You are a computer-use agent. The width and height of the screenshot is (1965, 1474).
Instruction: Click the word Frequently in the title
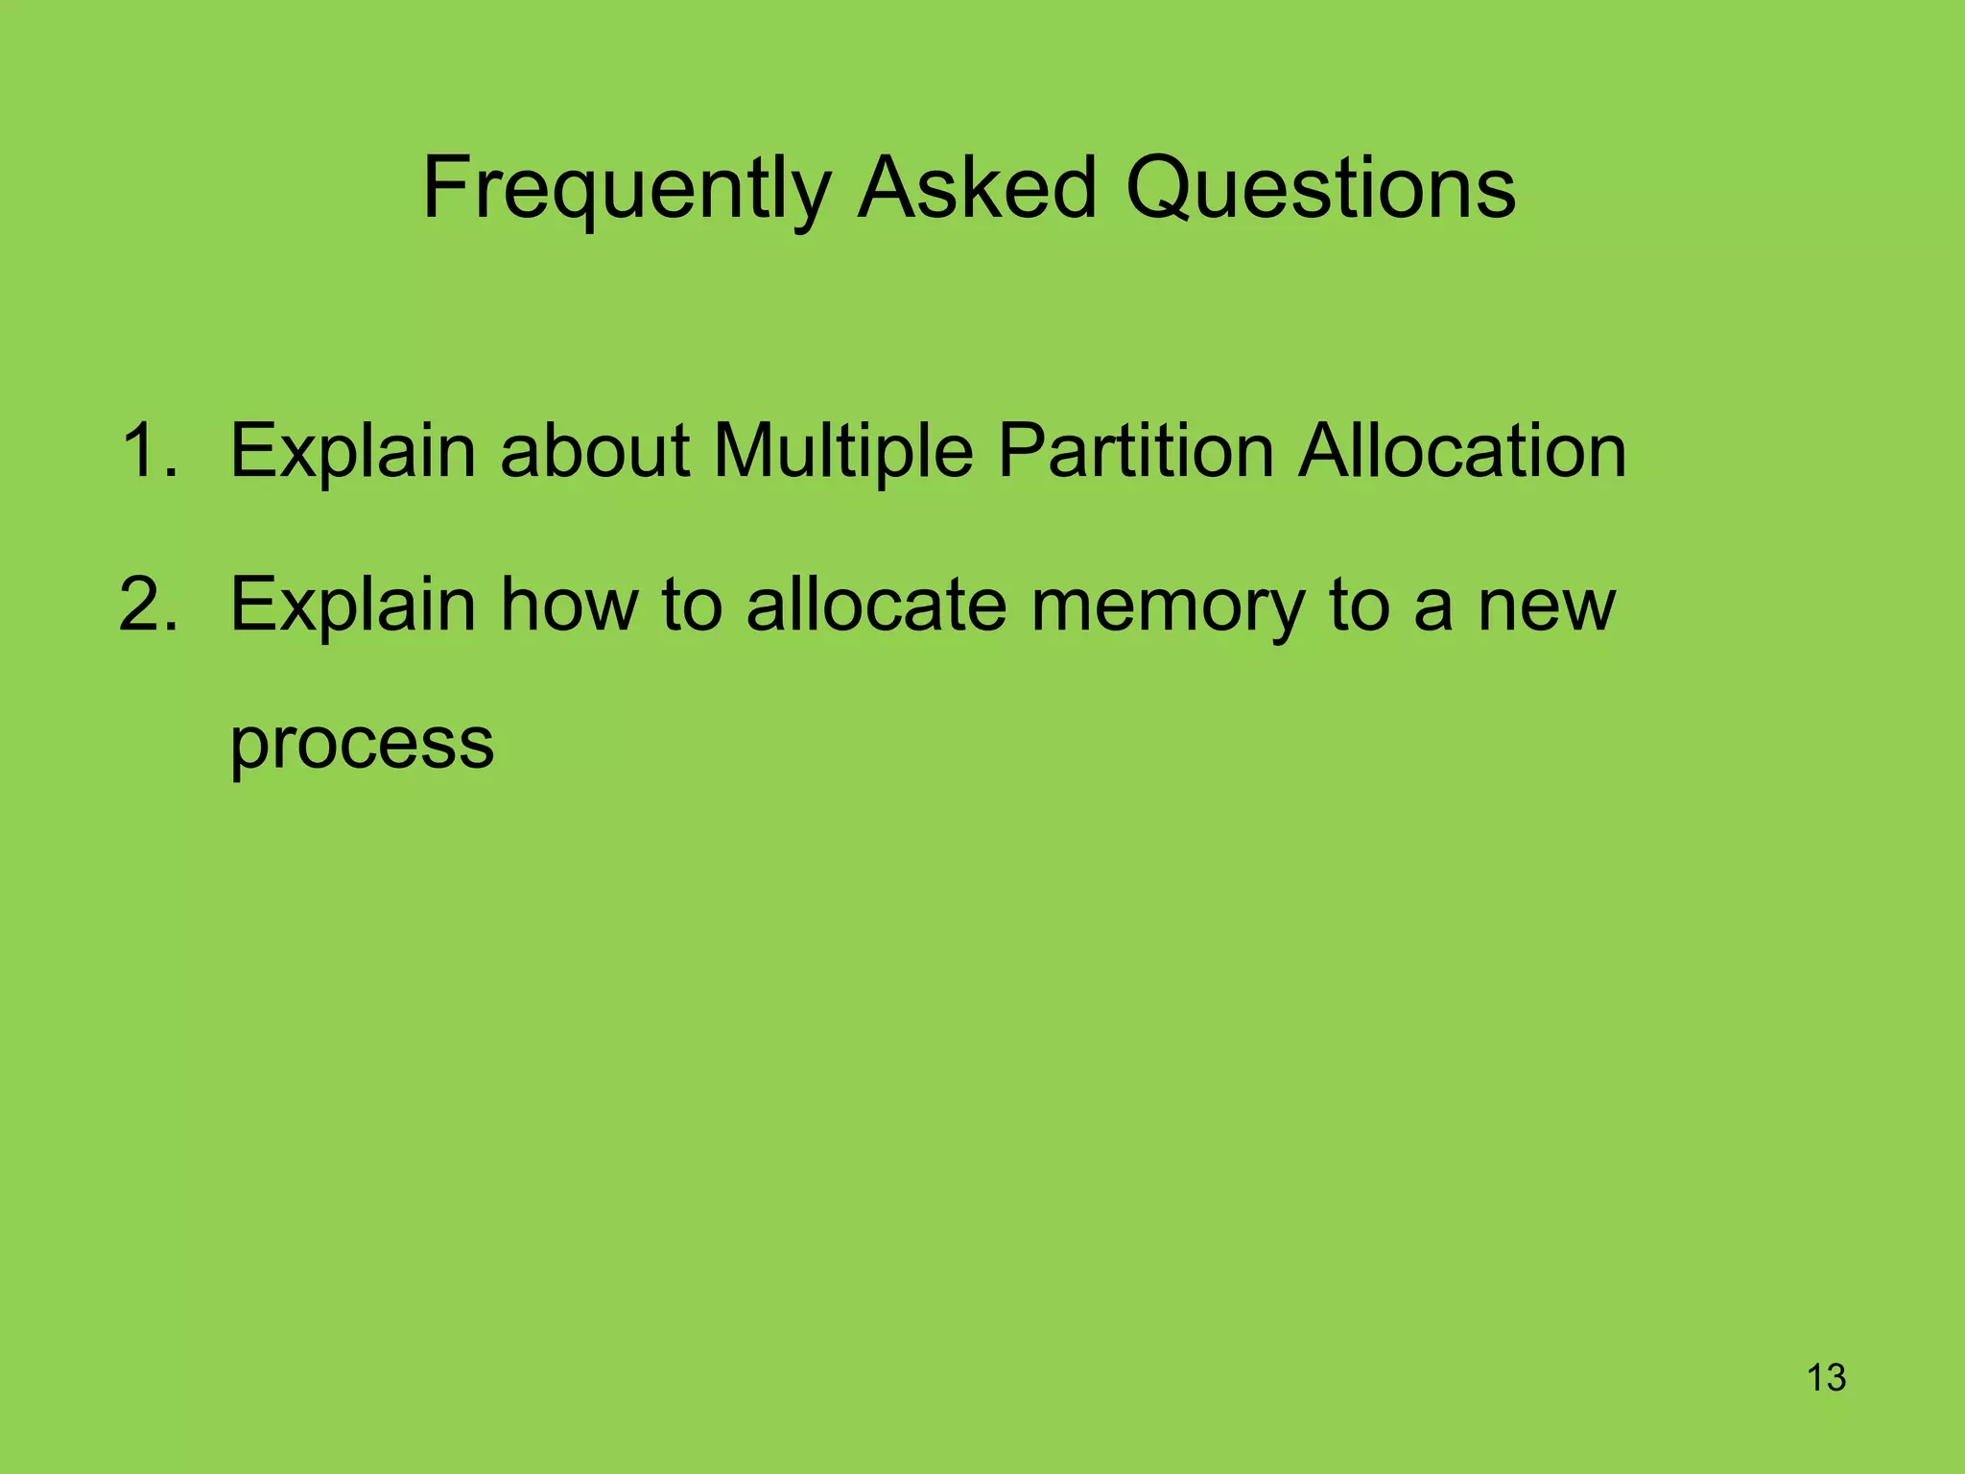[627, 189]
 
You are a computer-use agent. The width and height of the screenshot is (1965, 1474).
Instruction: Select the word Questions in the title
[1320, 189]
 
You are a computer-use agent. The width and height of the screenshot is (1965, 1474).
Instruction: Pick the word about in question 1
[595, 450]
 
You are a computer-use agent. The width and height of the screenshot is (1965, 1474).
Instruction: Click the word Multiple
[843, 450]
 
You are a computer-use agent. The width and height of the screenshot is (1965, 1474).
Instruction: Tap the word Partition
[1135, 450]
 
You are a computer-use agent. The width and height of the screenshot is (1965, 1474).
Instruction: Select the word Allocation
[1462, 450]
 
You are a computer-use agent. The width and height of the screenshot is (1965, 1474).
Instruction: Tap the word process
[362, 745]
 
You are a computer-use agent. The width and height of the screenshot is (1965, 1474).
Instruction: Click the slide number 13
[1826, 1378]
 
